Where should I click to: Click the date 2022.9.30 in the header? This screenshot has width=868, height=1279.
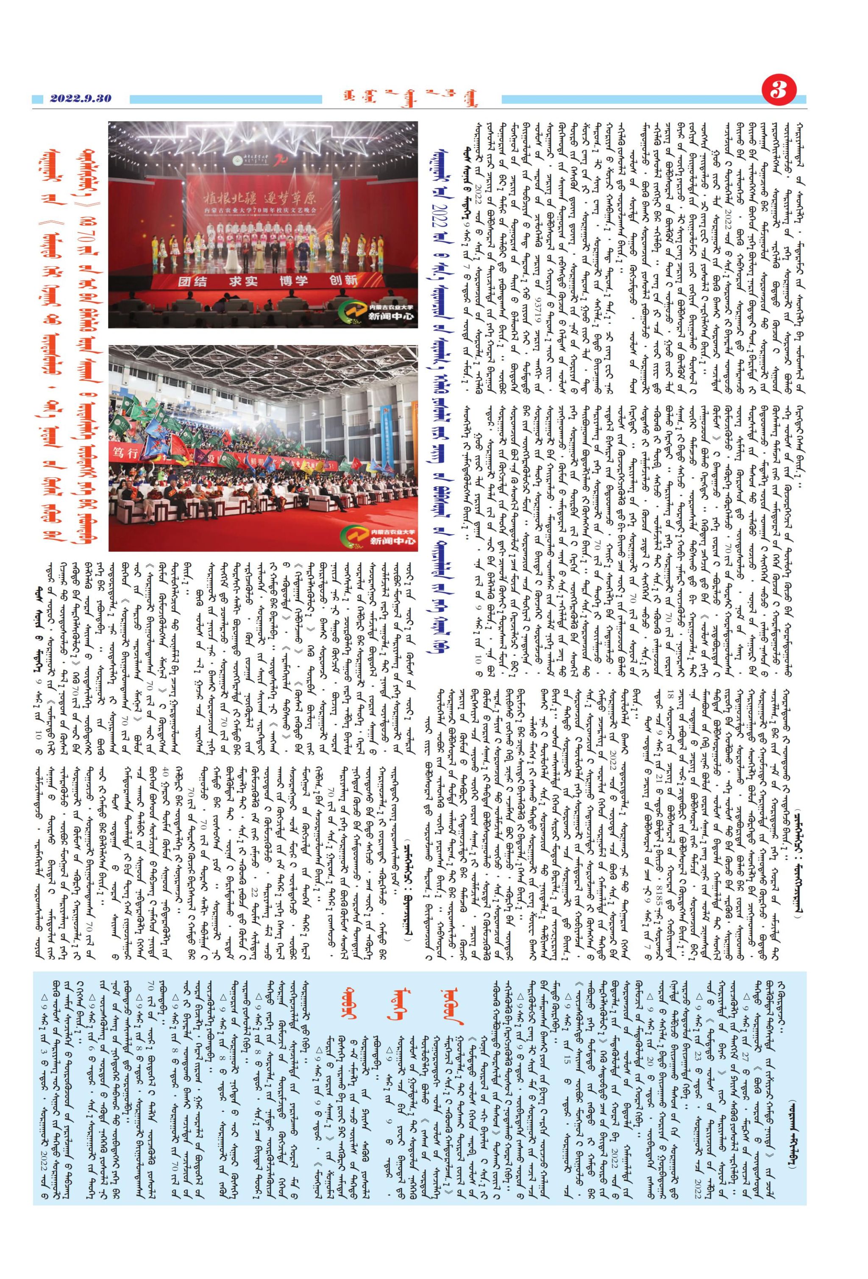point(80,98)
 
